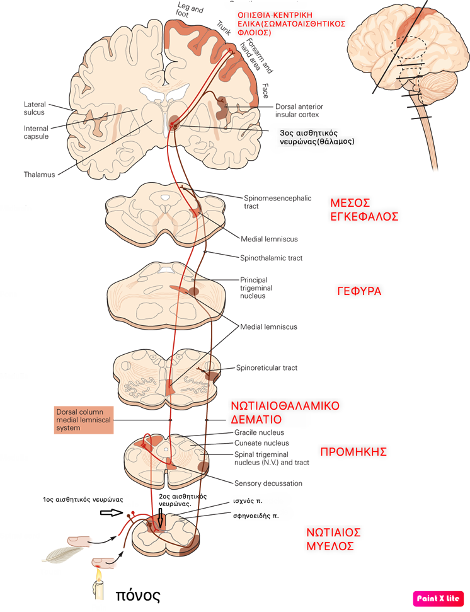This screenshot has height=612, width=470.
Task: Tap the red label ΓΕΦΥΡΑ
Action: (x=360, y=292)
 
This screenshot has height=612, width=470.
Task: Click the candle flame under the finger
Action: (x=99, y=575)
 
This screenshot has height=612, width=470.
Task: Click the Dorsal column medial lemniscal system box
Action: (x=84, y=420)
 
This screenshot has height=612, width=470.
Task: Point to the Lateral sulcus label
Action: (x=35, y=108)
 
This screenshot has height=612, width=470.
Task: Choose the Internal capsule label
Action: (x=36, y=132)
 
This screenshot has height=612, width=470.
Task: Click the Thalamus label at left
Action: (x=40, y=175)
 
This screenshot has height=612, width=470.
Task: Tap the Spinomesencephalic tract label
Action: (x=277, y=202)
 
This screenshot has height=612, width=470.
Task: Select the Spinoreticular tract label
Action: (x=267, y=367)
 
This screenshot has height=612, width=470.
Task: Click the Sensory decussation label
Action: (x=268, y=483)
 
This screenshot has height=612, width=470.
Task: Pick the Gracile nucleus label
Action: (x=259, y=432)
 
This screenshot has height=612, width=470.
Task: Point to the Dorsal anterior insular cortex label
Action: (x=297, y=110)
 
